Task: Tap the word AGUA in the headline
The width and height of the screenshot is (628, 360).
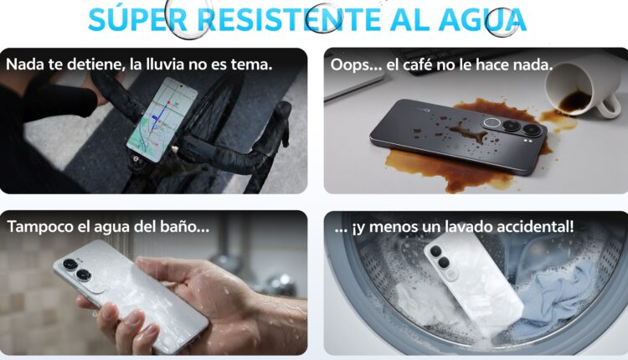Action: tap(482, 19)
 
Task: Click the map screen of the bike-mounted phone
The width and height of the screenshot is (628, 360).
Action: tap(162, 120)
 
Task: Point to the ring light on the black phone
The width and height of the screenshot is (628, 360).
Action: tap(492, 123)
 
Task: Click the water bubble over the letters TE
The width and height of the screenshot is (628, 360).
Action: tap(323, 18)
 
